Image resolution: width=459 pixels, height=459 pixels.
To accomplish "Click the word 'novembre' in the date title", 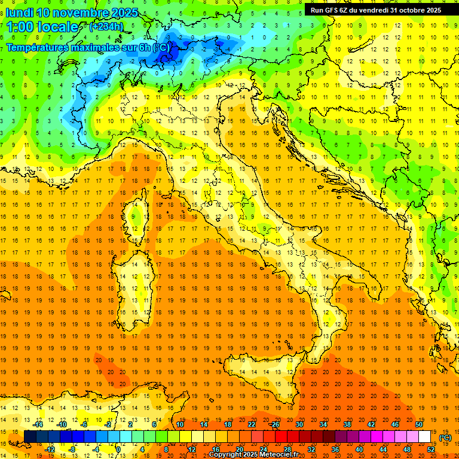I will [x=82, y=13].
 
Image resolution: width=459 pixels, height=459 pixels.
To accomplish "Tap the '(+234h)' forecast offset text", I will [x=106, y=26].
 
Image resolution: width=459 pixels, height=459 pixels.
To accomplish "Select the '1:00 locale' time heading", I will [x=42, y=27].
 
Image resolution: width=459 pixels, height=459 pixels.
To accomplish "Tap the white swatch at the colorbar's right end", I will [x=425, y=436].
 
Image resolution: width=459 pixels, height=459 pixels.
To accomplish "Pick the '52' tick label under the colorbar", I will [x=431, y=449].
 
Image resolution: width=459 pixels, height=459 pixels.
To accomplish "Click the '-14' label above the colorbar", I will [x=38, y=424].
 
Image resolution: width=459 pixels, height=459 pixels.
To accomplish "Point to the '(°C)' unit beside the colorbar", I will [x=445, y=437].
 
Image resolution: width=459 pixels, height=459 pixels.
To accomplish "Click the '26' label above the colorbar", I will [x=275, y=424].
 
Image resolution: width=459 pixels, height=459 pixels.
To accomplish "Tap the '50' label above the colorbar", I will [x=419, y=424].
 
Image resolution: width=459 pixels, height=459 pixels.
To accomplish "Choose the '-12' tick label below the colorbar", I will [x=50, y=449].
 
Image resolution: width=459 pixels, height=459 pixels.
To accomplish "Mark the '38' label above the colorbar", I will [x=347, y=424].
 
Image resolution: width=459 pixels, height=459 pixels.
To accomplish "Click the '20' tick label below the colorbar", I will [x=240, y=449].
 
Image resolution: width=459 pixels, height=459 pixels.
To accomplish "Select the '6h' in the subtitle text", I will [x=143, y=47].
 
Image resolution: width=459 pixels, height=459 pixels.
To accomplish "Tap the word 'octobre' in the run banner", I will [x=407, y=10].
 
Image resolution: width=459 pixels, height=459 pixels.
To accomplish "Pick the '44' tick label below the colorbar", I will [x=383, y=449].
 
